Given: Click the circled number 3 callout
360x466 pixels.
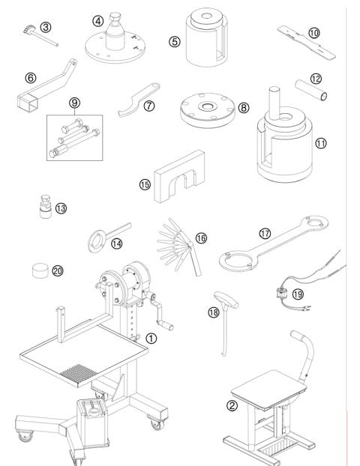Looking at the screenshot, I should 46,27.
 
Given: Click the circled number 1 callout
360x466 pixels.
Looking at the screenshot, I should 151,338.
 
